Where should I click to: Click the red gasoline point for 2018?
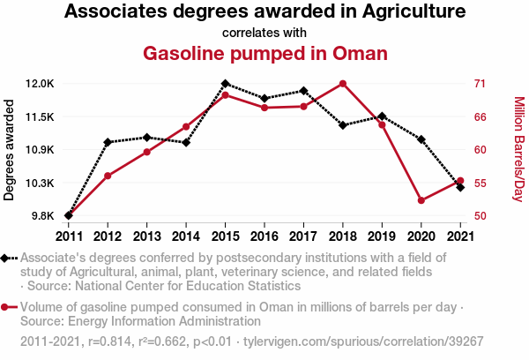[342, 84]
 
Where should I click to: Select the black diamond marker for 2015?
[225, 84]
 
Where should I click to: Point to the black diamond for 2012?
[108, 142]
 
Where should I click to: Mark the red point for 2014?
[186, 127]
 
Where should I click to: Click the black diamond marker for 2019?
[382, 116]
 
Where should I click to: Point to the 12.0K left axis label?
[40, 84]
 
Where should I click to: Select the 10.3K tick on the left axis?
[40, 183]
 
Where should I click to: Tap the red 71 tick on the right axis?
[480, 84]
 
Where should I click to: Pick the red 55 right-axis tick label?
[480, 183]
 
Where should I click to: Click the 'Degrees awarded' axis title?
[10, 150]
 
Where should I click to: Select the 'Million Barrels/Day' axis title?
[518, 150]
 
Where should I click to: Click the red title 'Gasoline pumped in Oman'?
[264, 53]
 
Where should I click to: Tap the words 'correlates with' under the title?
[264, 33]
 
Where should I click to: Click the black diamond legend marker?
[7, 258]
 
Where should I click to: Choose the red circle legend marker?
[7, 307]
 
